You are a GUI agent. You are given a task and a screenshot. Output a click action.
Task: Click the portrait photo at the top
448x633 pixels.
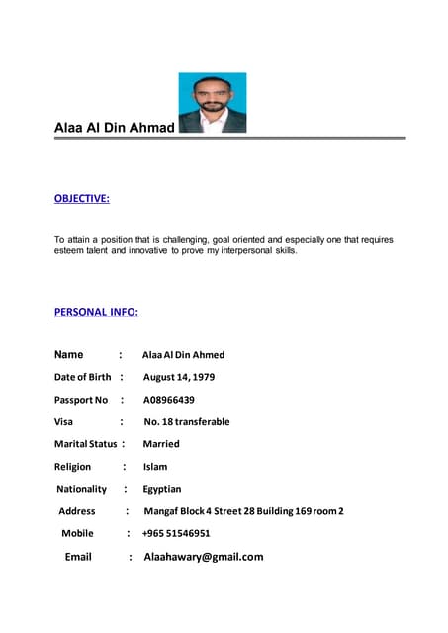pyautogui.click(x=213, y=103)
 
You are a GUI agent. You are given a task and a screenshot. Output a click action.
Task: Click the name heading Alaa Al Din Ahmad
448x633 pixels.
pyautogui.click(x=114, y=128)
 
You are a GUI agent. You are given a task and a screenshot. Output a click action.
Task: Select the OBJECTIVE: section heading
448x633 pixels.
pyautogui.click(x=81, y=199)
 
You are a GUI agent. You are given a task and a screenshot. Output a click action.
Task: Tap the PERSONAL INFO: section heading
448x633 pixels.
pyautogui.click(x=96, y=312)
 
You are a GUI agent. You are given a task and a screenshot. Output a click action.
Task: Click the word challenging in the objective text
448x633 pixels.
pyautogui.click(x=183, y=240)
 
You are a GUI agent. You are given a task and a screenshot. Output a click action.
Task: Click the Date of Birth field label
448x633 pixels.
pyautogui.click(x=82, y=377)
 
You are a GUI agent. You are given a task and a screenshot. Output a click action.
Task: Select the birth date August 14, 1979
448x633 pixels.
pyautogui.click(x=179, y=377)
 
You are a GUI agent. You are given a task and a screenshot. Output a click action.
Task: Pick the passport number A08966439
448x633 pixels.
pyautogui.click(x=169, y=400)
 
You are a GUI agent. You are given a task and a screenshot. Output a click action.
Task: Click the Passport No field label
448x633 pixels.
pyautogui.click(x=81, y=400)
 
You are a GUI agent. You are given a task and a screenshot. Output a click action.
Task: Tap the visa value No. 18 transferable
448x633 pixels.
pyautogui.click(x=186, y=421)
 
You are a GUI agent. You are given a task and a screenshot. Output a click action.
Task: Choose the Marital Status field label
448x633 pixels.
pyautogui.click(x=85, y=444)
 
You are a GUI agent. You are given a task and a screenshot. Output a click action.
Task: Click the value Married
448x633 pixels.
pyautogui.click(x=161, y=444)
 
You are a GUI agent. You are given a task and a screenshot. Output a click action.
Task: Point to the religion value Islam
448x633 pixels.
pyautogui.click(x=155, y=467)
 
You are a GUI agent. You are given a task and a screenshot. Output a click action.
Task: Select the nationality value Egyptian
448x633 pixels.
pyautogui.click(x=162, y=489)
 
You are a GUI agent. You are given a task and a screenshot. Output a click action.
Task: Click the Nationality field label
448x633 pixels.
pyautogui.click(x=82, y=489)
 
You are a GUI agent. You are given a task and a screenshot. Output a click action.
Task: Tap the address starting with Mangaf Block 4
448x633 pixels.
pyautogui.click(x=243, y=511)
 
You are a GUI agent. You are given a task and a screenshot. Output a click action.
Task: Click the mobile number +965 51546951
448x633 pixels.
pyautogui.click(x=176, y=533)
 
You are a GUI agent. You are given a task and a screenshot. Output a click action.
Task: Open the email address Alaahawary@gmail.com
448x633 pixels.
pyautogui.click(x=204, y=557)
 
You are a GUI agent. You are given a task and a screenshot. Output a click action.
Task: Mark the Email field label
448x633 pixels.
pyautogui.click(x=78, y=557)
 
